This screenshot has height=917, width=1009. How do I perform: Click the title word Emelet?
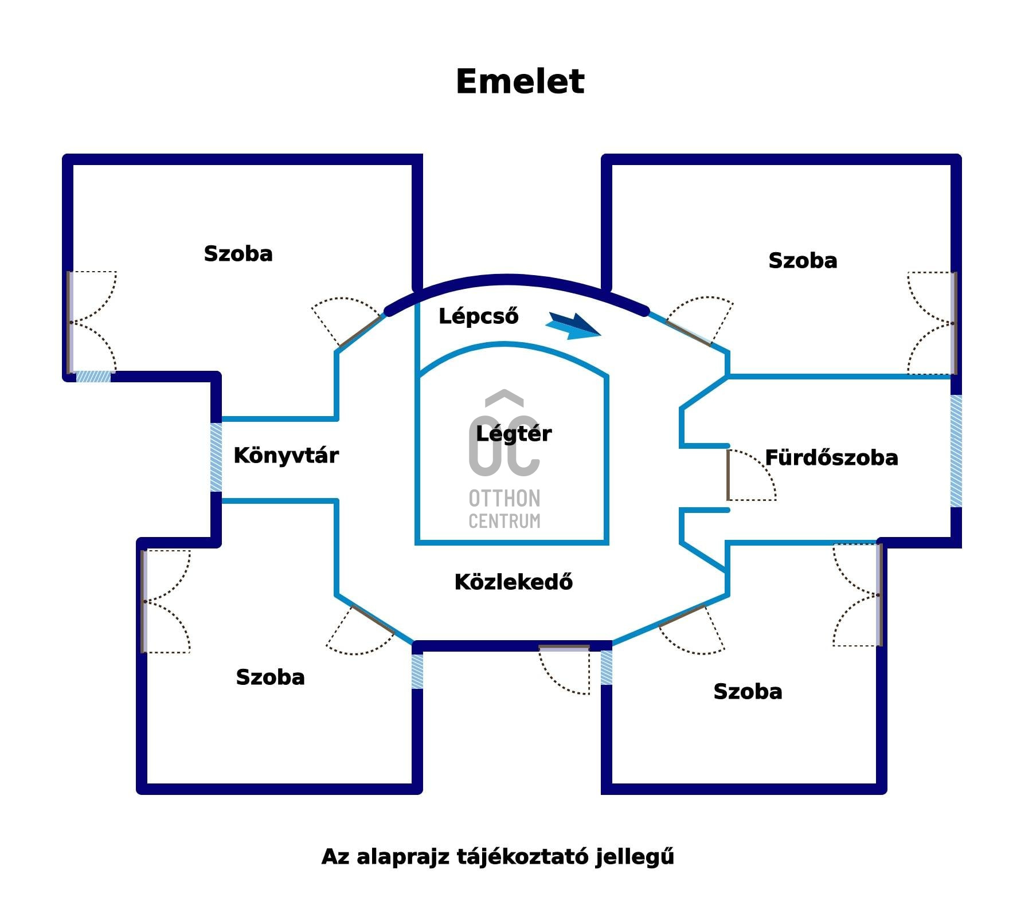click(x=520, y=81)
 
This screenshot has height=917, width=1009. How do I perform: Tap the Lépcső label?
click(x=478, y=316)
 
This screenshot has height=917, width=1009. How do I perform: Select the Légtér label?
click(x=514, y=434)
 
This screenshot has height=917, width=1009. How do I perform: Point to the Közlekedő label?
click(x=513, y=582)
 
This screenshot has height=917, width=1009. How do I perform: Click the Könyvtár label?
click(x=286, y=456)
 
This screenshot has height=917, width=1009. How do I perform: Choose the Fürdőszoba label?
click(x=831, y=458)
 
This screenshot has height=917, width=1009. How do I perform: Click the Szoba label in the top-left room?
click(x=238, y=254)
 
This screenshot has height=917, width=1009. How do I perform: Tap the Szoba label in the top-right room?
click(x=803, y=261)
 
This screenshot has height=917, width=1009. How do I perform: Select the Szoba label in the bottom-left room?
click(x=270, y=677)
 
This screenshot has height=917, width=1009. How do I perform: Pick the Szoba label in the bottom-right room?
click(x=748, y=692)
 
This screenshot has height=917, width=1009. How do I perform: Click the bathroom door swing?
click(x=751, y=476)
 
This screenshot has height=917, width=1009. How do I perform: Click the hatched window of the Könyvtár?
click(x=216, y=457)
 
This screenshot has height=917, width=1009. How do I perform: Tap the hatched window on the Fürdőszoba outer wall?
click(x=956, y=451)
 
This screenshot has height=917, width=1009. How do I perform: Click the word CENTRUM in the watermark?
click(x=504, y=521)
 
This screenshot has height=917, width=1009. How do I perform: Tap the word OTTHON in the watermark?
click(x=504, y=499)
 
